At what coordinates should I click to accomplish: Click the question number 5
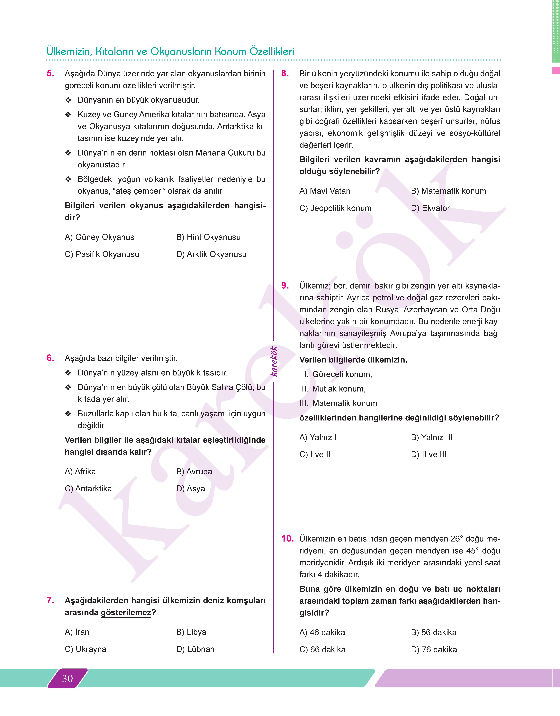coord(50,73)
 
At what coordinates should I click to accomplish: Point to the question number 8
coord(285,73)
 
